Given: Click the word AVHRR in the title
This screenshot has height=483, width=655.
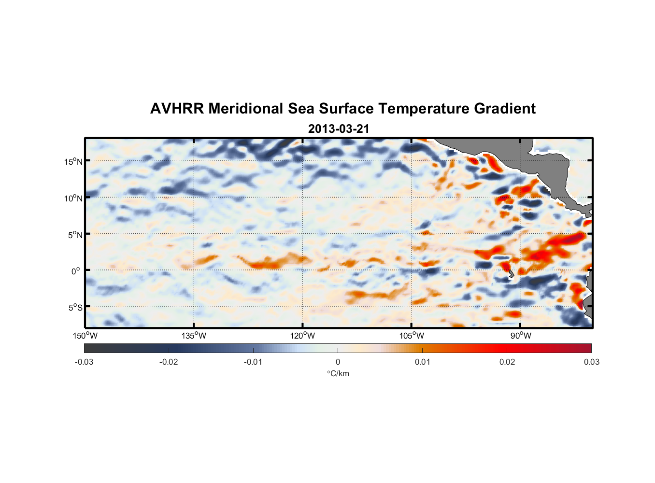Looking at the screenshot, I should (x=177, y=109).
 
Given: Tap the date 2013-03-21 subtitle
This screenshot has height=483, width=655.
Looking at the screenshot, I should (x=339, y=129).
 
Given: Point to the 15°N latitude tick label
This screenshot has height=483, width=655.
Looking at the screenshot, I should (x=73, y=161).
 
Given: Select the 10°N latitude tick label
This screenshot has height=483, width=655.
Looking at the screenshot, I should (x=73, y=198).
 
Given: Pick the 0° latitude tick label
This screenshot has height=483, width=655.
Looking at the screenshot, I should (x=76, y=271).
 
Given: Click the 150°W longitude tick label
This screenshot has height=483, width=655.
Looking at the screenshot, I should (x=85, y=336).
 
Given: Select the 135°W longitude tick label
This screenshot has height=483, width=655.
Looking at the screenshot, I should (x=194, y=336).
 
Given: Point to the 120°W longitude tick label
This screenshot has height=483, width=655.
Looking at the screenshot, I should (x=303, y=336).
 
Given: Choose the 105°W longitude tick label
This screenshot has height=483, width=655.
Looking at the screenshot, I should (x=412, y=336).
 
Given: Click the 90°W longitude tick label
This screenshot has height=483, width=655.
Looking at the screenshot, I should (x=521, y=336).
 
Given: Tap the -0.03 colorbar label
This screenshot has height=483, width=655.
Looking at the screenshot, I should (x=84, y=362).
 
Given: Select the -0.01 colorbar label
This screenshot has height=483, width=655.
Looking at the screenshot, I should (x=253, y=362).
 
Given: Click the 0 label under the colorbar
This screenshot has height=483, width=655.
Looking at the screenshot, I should (x=338, y=362).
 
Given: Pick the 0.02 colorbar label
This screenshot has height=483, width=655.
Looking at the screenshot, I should (x=507, y=362).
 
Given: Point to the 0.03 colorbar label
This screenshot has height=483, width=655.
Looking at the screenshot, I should (x=591, y=362).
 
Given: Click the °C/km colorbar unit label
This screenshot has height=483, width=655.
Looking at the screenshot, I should (x=338, y=373).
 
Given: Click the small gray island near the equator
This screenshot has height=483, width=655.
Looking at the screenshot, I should (x=511, y=274).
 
